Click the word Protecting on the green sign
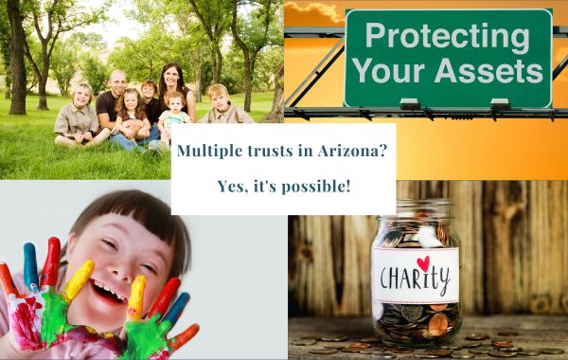445,35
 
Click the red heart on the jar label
423,262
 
